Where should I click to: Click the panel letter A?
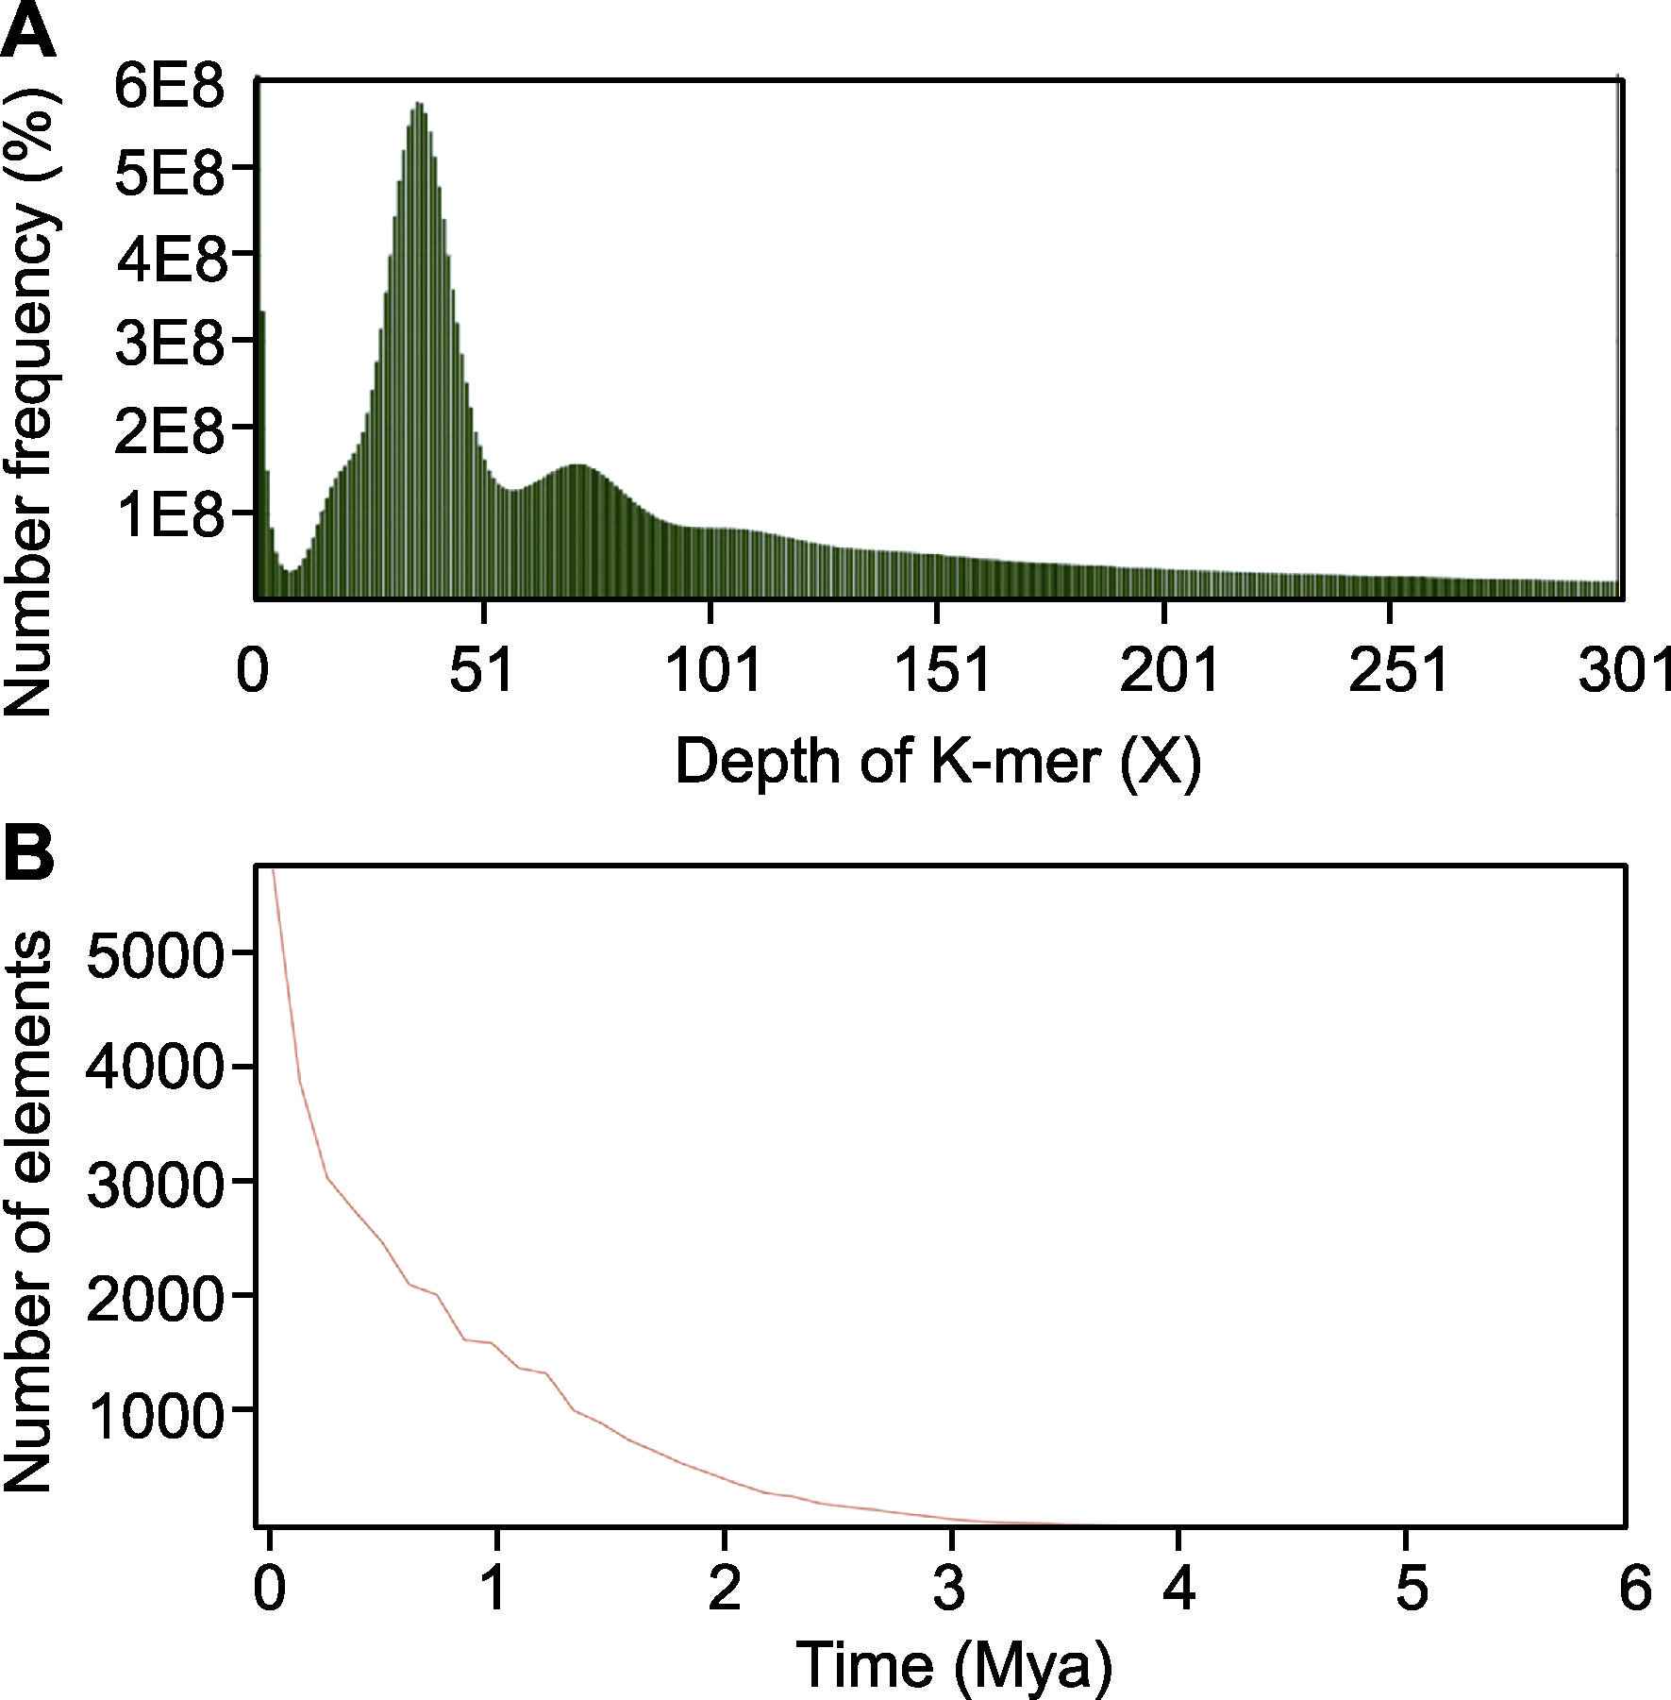(x=28, y=31)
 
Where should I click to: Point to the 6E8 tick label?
(x=170, y=86)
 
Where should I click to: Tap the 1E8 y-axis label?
(x=170, y=515)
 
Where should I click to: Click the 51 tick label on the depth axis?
(x=481, y=671)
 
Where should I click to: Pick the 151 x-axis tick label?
(x=941, y=671)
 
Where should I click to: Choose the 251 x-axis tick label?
(x=1397, y=671)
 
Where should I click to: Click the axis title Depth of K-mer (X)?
(x=938, y=761)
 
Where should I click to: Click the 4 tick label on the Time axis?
(x=1178, y=1587)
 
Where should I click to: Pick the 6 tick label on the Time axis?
(x=1635, y=1587)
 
